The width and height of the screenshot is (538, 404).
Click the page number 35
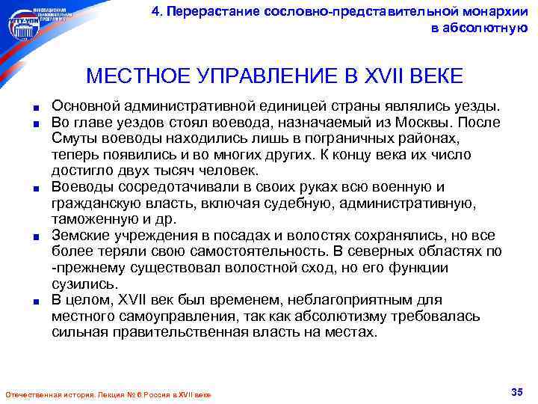[516, 391]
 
